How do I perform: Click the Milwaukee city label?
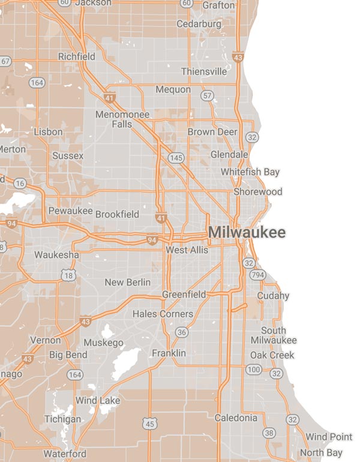(x=247, y=233)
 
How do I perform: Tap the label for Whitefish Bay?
(x=250, y=172)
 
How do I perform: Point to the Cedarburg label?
(x=199, y=24)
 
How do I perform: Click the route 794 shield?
(x=258, y=275)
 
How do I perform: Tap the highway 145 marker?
(x=176, y=158)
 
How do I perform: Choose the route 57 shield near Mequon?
(x=208, y=95)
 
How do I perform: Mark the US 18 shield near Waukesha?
(x=68, y=275)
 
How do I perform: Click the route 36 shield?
(x=182, y=332)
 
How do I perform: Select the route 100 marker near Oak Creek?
(x=253, y=369)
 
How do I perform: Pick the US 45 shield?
(x=150, y=425)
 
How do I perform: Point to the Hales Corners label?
(x=163, y=314)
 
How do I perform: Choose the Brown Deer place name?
(x=212, y=132)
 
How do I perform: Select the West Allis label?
(x=187, y=250)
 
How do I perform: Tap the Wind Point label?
(x=329, y=437)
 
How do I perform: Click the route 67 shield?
(x=6, y=61)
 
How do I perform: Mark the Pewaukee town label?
(x=70, y=211)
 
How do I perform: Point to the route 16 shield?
(x=20, y=183)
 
